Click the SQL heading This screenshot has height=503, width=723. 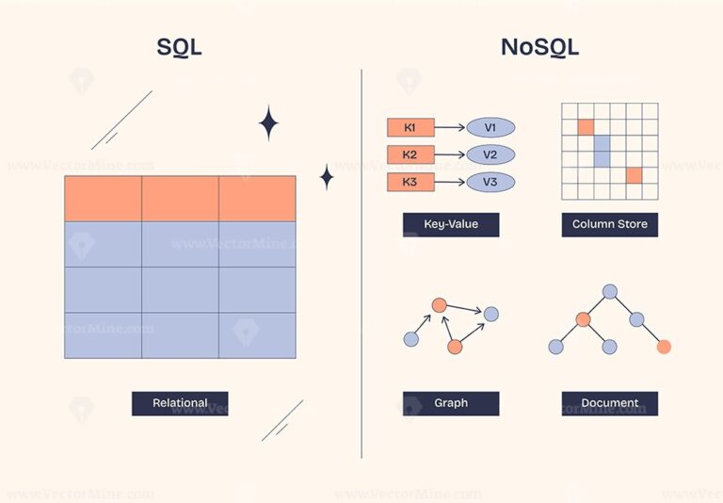(x=179, y=47)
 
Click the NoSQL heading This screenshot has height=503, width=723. (x=540, y=47)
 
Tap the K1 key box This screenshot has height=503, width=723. (x=410, y=128)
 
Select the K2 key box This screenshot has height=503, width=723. (x=410, y=155)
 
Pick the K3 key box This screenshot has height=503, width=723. (x=410, y=182)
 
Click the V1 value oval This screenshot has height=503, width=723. (x=490, y=128)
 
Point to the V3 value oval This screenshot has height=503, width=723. (x=490, y=182)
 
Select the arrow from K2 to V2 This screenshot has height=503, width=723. (x=450, y=155)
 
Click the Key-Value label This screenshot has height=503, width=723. (x=450, y=224)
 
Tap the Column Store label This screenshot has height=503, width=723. (x=609, y=224)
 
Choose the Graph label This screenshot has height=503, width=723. (x=450, y=403)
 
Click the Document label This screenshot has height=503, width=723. (x=609, y=403)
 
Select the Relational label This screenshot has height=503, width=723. (x=180, y=403)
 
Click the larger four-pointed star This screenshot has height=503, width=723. (x=268, y=123)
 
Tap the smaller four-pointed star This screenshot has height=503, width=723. (x=327, y=176)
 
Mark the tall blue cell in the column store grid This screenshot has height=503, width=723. (x=602, y=151)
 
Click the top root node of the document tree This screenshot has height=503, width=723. (x=610, y=291)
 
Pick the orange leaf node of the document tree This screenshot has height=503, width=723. (x=664, y=347)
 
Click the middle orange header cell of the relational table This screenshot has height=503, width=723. (x=180, y=198)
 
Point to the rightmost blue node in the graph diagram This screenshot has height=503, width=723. (x=490, y=314)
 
